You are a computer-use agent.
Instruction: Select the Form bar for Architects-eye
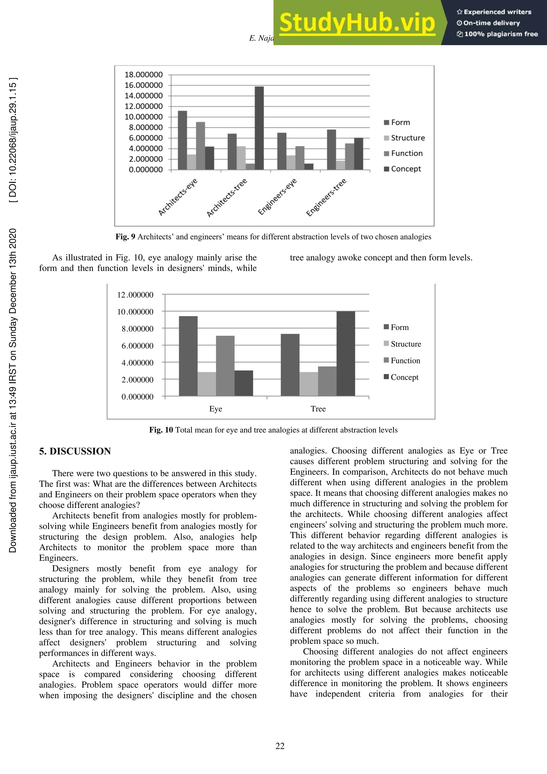tap(182, 140)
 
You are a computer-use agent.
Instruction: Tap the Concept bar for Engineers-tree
tap(358, 154)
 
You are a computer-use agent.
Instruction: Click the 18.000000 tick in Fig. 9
tap(143, 75)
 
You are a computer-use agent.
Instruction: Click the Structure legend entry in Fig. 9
tap(404, 138)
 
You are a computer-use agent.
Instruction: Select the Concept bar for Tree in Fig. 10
tap(346, 353)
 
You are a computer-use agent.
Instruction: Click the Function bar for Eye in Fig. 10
tap(225, 366)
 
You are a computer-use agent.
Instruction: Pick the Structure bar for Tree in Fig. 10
tap(308, 384)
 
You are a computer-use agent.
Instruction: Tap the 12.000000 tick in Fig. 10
tap(135, 295)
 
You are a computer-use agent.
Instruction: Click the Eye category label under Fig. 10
tap(216, 409)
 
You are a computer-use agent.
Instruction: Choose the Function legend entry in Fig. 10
tap(402, 361)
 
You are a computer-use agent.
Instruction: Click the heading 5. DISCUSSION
tap(75, 451)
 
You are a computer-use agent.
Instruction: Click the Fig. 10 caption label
tap(161, 430)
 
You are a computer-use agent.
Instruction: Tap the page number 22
tap(280, 746)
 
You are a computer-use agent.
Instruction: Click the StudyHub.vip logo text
tap(357, 23)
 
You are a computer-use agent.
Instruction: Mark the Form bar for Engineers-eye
tap(282, 151)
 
